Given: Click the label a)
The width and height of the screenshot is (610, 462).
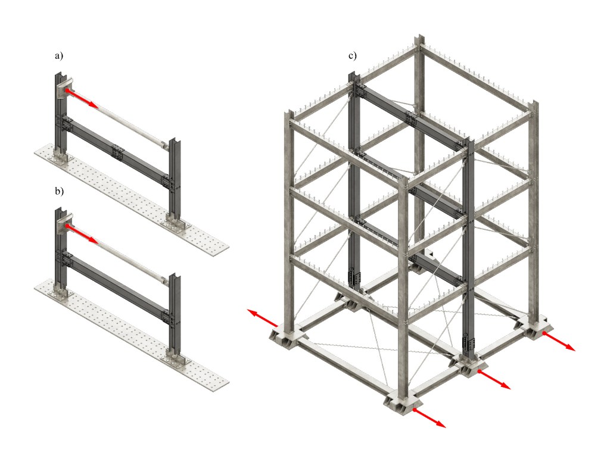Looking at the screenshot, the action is [x=59, y=56].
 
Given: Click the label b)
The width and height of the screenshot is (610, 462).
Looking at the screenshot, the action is [x=59, y=191].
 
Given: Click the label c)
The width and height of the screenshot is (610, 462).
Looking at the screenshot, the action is [x=352, y=56].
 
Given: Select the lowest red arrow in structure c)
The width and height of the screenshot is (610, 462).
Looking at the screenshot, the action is [x=429, y=418].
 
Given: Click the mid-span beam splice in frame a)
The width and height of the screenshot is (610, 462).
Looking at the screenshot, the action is [x=117, y=152].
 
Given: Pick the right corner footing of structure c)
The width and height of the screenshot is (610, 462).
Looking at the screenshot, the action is [x=533, y=325].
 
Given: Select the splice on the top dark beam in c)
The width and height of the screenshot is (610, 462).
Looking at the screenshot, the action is [x=411, y=117].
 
